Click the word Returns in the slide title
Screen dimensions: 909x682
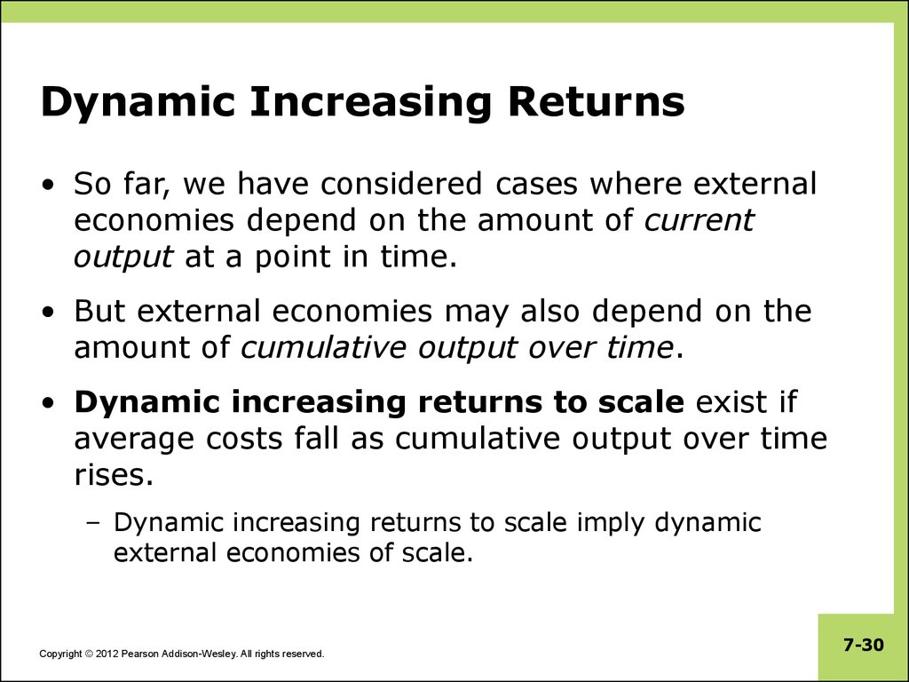[597, 102]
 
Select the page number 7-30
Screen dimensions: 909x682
[864, 645]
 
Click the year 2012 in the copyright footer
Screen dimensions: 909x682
[107, 654]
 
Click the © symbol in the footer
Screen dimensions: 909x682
[89, 654]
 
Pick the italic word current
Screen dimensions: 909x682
[700, 220]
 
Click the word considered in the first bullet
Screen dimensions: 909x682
[400, 183]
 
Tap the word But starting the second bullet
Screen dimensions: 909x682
[99, 311]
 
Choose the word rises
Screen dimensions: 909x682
[114, 475]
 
